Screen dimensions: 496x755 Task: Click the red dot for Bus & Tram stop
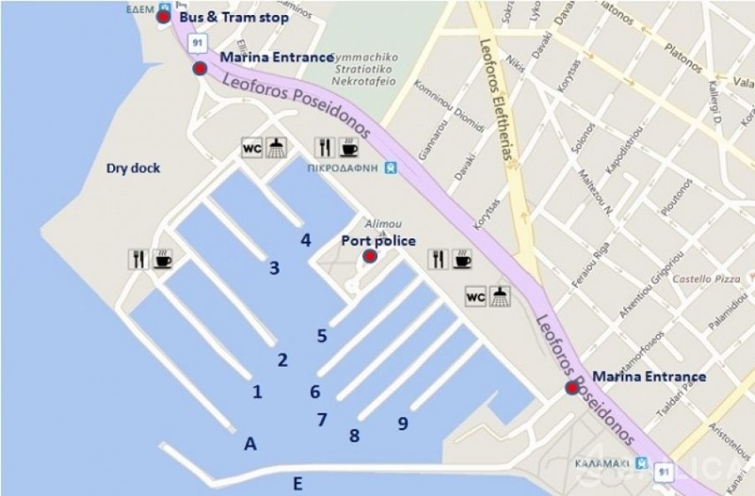point(163,17)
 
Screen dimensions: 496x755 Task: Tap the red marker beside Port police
point(369,257)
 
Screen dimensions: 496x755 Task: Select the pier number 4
point(305,240)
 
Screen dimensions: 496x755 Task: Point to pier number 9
point(403,424)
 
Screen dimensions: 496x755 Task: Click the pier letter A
point(250,445)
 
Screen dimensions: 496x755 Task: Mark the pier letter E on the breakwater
point(297,483)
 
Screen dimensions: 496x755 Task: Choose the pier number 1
point(258,391)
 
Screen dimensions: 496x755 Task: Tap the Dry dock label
point(133,167)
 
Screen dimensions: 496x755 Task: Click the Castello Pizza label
point(705,279)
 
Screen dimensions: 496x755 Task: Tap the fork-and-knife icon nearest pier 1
point(139,259)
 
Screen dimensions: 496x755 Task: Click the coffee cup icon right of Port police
point(462,259)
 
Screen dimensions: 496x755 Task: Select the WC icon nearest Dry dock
point(252,147)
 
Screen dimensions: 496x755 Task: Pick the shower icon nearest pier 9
point(501,297)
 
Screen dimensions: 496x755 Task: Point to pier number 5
point(322,336)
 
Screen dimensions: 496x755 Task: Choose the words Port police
point(378,241)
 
